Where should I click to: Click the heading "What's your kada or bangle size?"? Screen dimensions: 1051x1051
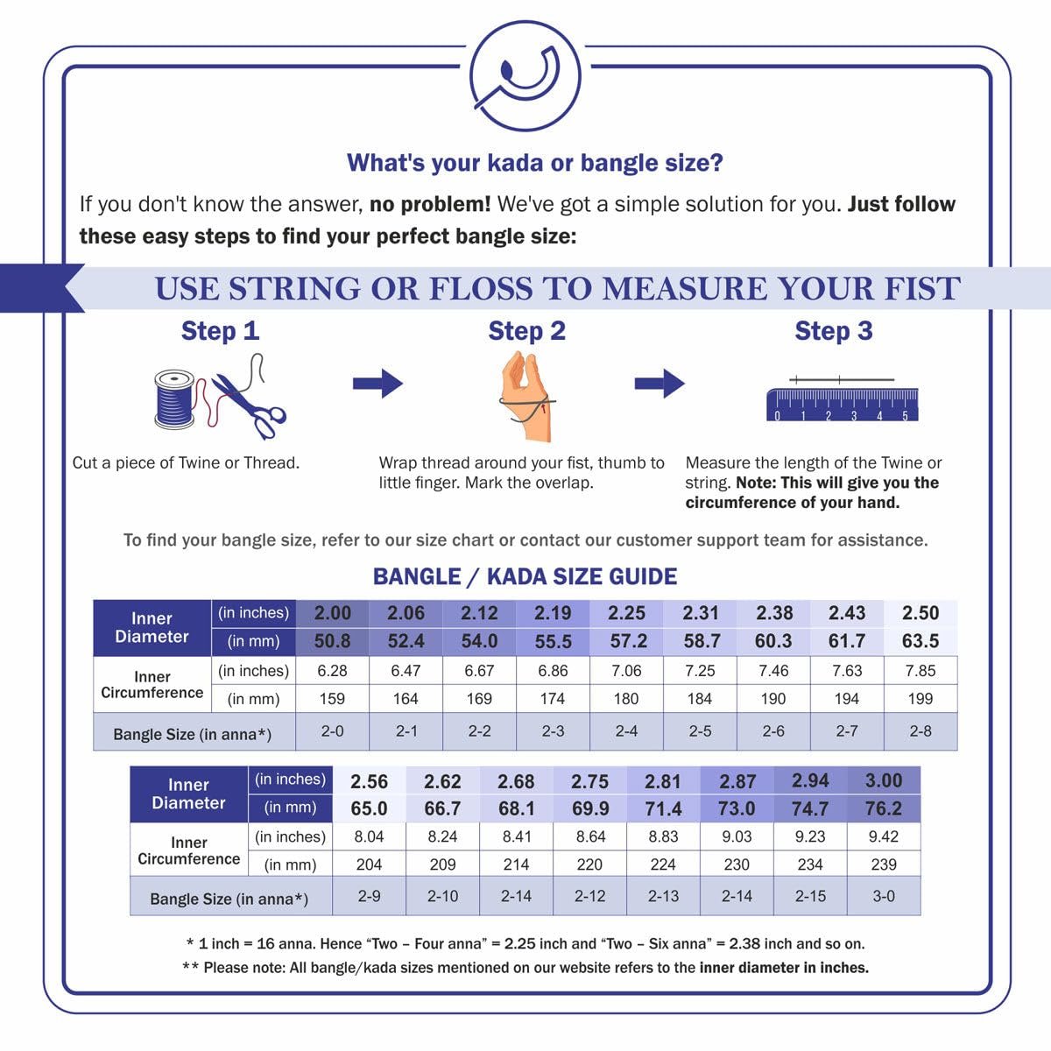pyautogui.click(x=534, y=163)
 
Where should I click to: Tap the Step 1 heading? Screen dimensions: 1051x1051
pyautogui.click(x=220, y=331)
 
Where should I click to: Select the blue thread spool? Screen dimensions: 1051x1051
pyautogui.click(x=175, y=399)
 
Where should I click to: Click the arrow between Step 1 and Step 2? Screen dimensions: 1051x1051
pyautogui.click(x=377, y=384)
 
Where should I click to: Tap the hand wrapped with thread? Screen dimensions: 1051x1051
pyautogui.click(x=525, y=395)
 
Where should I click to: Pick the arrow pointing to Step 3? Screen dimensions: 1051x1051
pyautogui.click(x=660, y=384)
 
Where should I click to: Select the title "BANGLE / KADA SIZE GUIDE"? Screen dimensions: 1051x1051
pyautogui.click(x=525, y=576)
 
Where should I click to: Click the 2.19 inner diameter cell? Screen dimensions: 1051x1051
pyautogui.click(x=553, y=613)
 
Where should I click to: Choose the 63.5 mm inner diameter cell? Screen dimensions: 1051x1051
pyautogui.click(x=920, y=641)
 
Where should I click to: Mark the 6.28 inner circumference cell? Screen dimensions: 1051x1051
pyautogui.click(x=332, y=671)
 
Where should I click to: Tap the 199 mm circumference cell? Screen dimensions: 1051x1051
pyautogui.click(x=920, y=699)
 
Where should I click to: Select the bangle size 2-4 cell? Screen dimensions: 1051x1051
pyautogui.click(x=626, y=731)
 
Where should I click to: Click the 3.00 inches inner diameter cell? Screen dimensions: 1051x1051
pyautogui.click(x=883, y=780)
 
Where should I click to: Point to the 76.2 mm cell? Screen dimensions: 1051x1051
pyautogui.click(x=883, y=808)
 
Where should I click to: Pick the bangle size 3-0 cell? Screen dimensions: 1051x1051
pyautogui.click(x=883, y=896)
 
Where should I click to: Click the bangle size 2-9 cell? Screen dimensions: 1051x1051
pyautogui.click(x=369, y=896)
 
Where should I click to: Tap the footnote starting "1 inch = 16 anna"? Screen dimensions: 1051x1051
pyautogui.click(x=525, y=944)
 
